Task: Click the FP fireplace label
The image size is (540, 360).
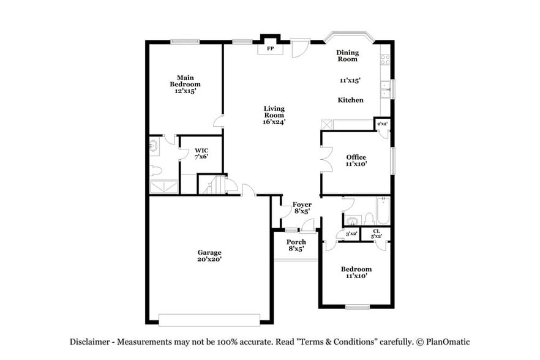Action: coord(269,48)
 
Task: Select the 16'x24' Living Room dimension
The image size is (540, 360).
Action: coord(274,122)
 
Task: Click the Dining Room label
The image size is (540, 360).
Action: coord(347,56)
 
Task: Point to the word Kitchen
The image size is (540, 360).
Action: coord(351,100)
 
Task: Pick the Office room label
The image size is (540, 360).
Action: coord(356,157)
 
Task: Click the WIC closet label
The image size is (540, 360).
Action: coord(201,150)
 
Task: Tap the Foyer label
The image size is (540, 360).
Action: coord(302,204)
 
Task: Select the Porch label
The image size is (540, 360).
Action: coord(296,242)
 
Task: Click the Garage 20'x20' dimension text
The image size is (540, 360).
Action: coord(209,260)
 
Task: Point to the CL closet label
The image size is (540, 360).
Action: coord(376,231)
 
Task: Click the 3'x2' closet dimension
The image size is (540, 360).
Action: coord(351,234)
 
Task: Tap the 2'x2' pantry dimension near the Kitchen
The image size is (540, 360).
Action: coord(382,124)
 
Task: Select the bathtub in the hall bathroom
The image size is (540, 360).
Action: coord(383,210)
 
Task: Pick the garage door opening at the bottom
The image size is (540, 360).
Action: coord(209,319)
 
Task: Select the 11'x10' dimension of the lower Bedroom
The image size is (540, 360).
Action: coord(356,276)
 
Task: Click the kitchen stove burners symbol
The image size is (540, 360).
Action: coord(385,59)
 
